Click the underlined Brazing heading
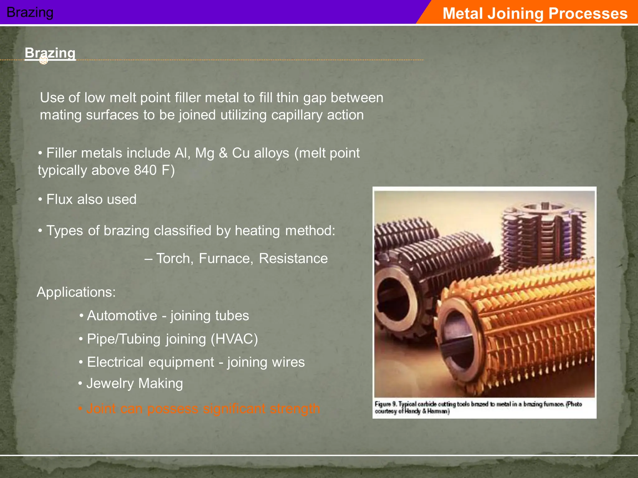click(50, 53)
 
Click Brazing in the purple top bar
click(30, 12)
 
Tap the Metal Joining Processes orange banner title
click(535, 13)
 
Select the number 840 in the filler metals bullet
click(145, 170)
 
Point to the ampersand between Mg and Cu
click(223, 153)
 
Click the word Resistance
click(293, 258)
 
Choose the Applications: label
click(76, 292)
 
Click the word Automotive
click(122, 316)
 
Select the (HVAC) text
click(234, 339)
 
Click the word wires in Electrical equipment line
click(288, 362)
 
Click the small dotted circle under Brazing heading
click(44, 60)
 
